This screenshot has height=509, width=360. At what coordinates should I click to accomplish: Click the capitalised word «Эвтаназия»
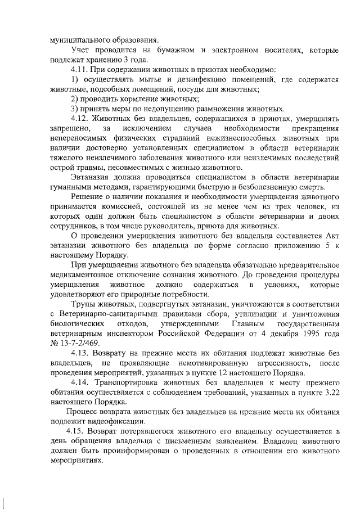tap(92, 177)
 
